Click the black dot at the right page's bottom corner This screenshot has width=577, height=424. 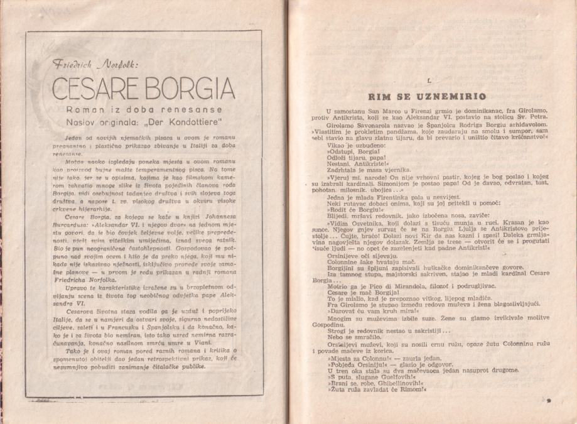point(548,400)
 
